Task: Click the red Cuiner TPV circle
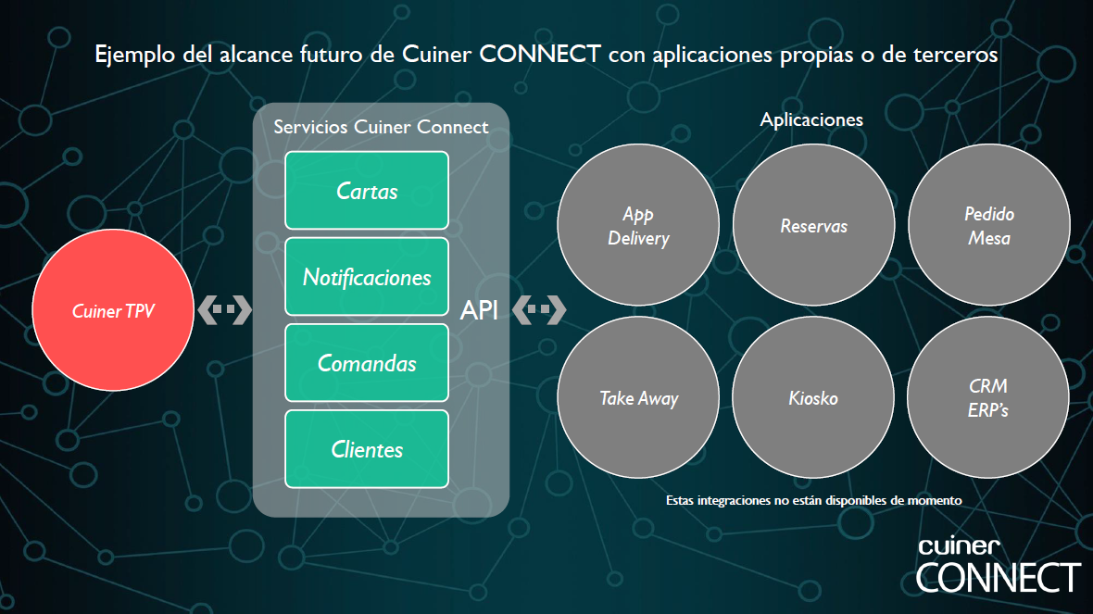(x=113, y=310)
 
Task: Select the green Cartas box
(x=367, y=190)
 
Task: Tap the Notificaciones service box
(x=367, y=277)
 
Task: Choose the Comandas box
(x=367, y=362)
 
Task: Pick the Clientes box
(x=367, y=449)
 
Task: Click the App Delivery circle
(x=638, y=224)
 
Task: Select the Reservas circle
(x=813, y=224)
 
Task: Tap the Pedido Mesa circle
(x=989, y=224)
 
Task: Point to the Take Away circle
(x=638, y=397)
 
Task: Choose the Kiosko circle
(x=812, y=397)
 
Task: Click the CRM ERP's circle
(x=987, y=397)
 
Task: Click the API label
(x=479, y=310)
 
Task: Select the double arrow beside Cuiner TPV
(x=224, y=309)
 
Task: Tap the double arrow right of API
(x=539, y=309)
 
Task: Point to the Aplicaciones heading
(x=811, y=119)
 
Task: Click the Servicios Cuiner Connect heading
(x=381, y=127)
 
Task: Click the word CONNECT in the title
(x=539, y=54)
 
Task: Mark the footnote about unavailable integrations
(x=813, y=500)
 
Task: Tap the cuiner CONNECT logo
(x=998, y=566)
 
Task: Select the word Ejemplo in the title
(x=134, y=55)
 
